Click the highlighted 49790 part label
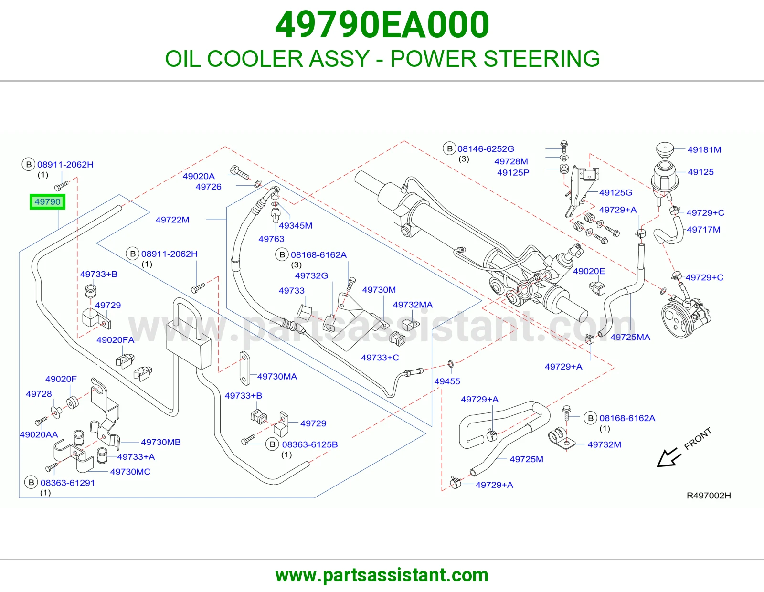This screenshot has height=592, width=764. pyautogui.click(x=47, y=202)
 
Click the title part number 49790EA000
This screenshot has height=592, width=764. pyautogui.click(x=382, y=25)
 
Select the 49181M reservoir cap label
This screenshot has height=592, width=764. pyautogui.click(x=704, y=150)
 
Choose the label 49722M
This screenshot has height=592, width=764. pyautogui.click(x=172, y=220)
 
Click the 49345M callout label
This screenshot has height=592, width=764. pyautogui.click(x=295, y=226)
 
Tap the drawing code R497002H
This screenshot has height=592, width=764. pyautogui.click(x=709, y=496)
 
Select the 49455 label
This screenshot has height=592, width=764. pyautogui.click(x=447, y=381)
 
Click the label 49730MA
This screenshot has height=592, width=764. pyautogui.click(x=277, y=377)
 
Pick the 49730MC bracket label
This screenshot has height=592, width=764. pyautogui.click(x=130, y=472)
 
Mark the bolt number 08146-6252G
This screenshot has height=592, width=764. pyautogui.click(x=486, y=148)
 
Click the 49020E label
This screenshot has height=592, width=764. pyautogui.click(x=589, y=271)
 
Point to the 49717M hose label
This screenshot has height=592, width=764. pyautogui.click(x=703, y=230)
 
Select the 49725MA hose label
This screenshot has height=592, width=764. pyautogui.click(x=630, y=337)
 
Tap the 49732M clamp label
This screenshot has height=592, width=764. pyautogui.click(x=605, y=444)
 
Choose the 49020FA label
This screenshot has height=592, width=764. pyautogui.click(x=116, y=340)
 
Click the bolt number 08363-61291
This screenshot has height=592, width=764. pyautogui.click(x=67, y=483)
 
